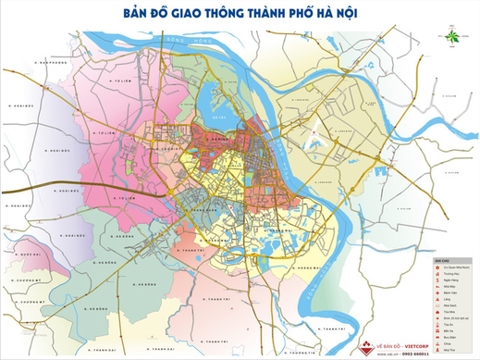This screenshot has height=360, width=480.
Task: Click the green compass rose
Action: [452, 40]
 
